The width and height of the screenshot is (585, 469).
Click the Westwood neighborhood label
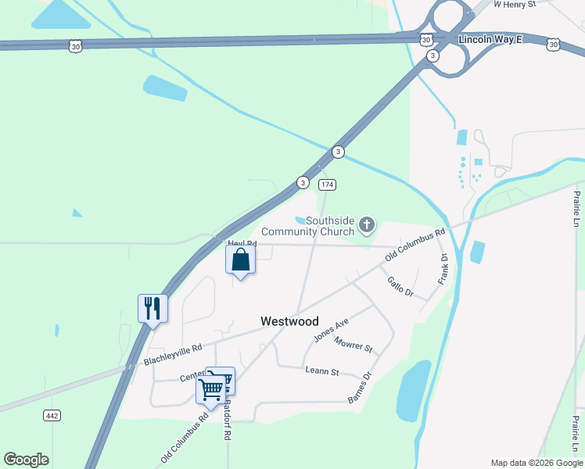[x=289, y=321]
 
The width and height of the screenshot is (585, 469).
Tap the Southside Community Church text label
[x=307, y=226]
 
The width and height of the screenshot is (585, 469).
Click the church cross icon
[x=366, y=227]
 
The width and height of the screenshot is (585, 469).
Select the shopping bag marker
[x=240, y=260]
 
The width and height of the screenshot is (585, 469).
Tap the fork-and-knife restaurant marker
[x=153, y=308]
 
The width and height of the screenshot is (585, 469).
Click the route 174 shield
[x=327, y=184]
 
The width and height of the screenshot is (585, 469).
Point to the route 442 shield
[x=52, y=415]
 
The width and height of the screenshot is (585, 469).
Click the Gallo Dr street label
[x=399, y=286]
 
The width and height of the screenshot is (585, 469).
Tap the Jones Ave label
[x=330, y=331]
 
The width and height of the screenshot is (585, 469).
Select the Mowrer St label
[x=353, y=343]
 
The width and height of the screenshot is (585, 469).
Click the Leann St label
[x=321, y=372]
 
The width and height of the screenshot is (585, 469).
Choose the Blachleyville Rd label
[x=173, y=354]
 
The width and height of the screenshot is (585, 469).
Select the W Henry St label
[x=516, y=4]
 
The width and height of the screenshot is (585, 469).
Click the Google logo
[x=26, y=460]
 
